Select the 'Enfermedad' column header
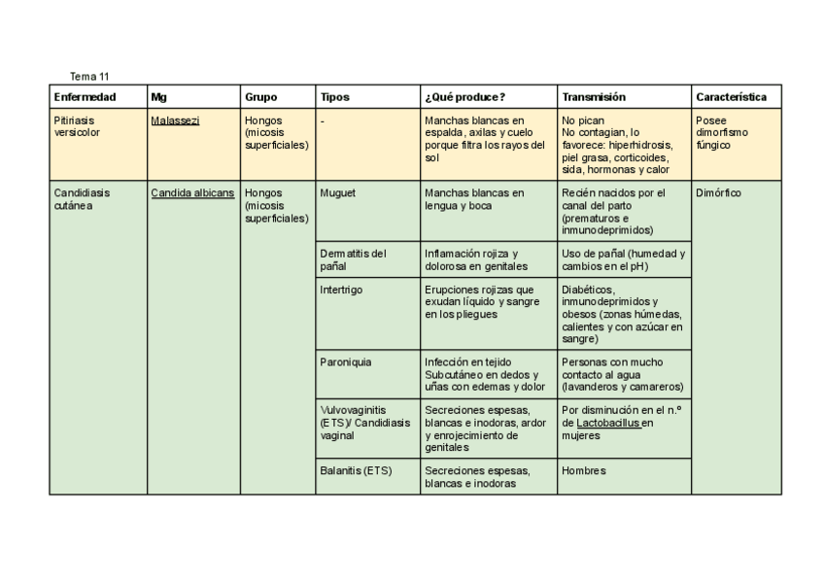pyautogui.click(x=85, y=97)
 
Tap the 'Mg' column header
pyautogui.click(x=158, y=97)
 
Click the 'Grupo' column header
pyautogui.click(x=260, y=97)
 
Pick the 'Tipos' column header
pyautogui.click(x=334, y=97)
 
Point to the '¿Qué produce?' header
pyautogui.click(x=464, y=97)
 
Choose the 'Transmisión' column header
pyautogui.click(x=593, y=97)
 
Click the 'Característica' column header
pyautogui.click(x=731, y=97)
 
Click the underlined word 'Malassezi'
pyautogui.click(x=175, y=120)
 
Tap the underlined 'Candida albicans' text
pyautogui.click(x=192, y=192)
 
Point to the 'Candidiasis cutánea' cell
pyautogui.click(x=82, y=199)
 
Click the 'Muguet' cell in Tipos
pyautogui.click(x=337, y=192)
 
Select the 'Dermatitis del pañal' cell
pyautogui.click(x=353, y=259)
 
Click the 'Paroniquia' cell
pyautogui.click(x=345, y=361)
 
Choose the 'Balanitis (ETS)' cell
pyautogui.click(x=356, y=471)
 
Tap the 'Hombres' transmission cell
pyautogui.click(x=583, y=471)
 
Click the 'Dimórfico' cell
pyautogui.click(x=718, y=192)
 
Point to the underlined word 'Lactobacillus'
pyautogui.click(x=608, y=424)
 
